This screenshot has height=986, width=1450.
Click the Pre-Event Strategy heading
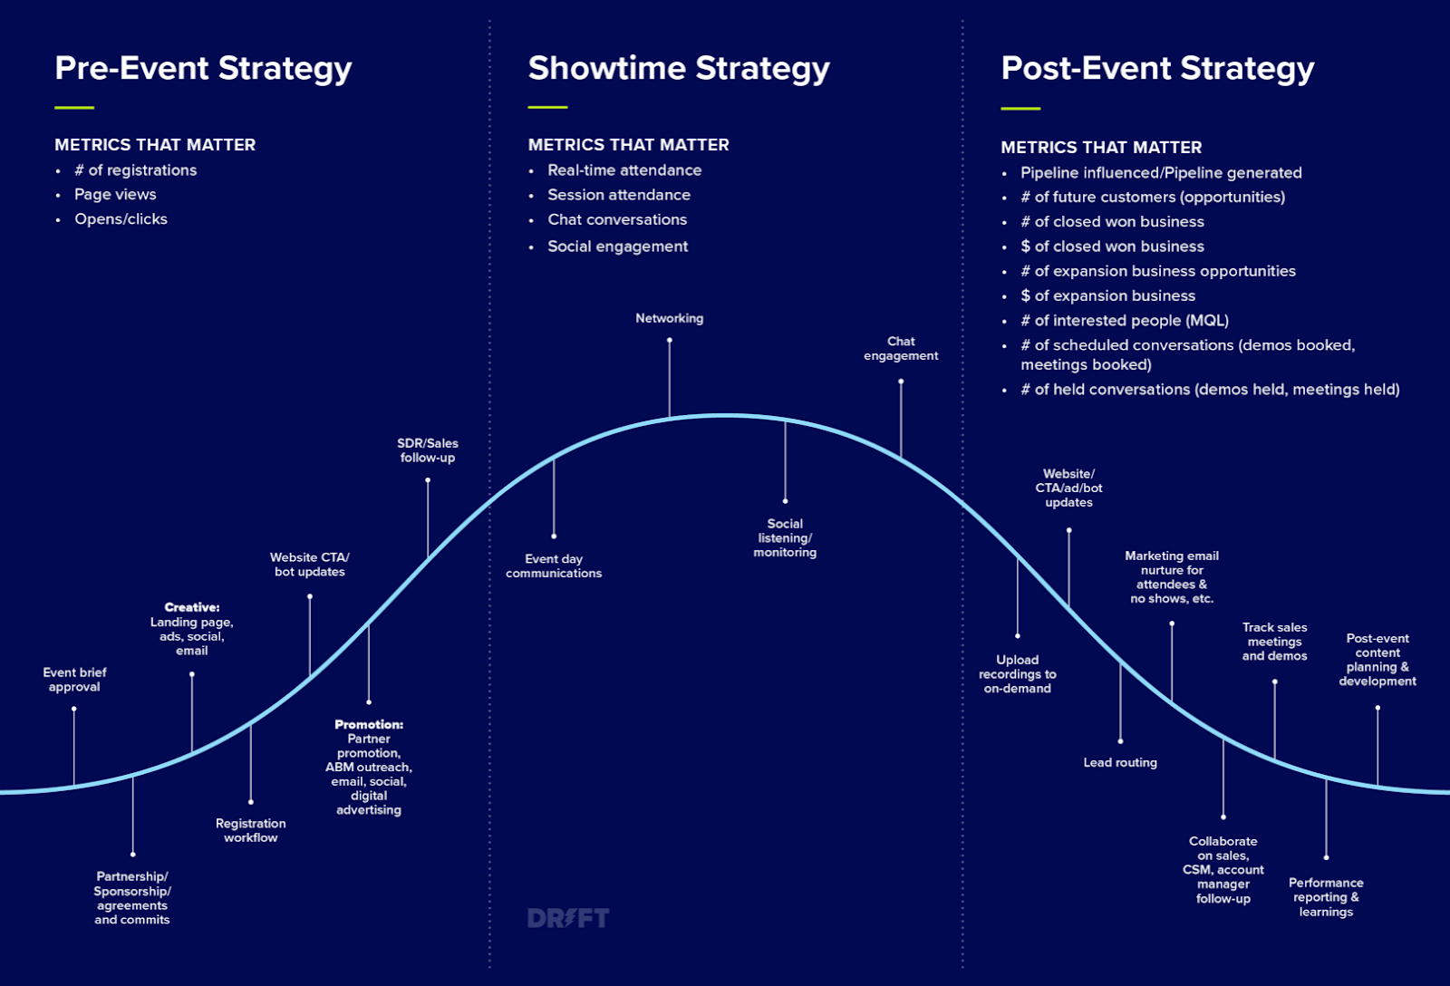pyautogui.click(x=203, y=68)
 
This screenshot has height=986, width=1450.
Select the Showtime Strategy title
pyautogui.click(x=679, y=68)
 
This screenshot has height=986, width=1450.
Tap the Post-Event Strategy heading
pyautogui.click(x=1157, y=68)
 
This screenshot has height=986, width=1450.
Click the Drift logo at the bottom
pyautogui.click(x=568, y=918)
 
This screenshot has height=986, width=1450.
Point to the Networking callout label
pyautogui.click(x=669, y=318)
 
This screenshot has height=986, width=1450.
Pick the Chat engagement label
pyautogui.click(x=901, y=349)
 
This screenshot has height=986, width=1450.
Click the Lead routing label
pyautogui.click(x=1120, y=762)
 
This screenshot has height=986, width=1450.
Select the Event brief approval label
pyautogui.click(x=74, y=680)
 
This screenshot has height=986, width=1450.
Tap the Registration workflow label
pyautogui.click(x=251, y=830)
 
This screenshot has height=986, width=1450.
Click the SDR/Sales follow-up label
pyautogui.click(x=428, y=450)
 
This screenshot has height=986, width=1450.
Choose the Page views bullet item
pyautogui.click(x=115, y=194)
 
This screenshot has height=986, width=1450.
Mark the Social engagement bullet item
pyautogui.click(x=617, y=246)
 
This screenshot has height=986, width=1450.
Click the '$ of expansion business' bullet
pyautogui.click(x=1107, y=295)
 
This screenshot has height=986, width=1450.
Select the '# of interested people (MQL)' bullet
pyautogui.click(x=1124, y=320)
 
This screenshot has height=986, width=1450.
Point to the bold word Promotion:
pyautogui.click(x=369, y=724)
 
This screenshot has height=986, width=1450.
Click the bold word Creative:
pyautogui.click(x=192, y=607)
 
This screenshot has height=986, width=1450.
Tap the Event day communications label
pyautogui.click(x=554, y=566)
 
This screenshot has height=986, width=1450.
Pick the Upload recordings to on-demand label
pyautogui.click(x=1018, y=674)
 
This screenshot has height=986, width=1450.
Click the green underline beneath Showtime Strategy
pyautogui.click(x=547, y=107)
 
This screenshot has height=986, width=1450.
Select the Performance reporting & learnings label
pyautogui.click(x=1326, y=897)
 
